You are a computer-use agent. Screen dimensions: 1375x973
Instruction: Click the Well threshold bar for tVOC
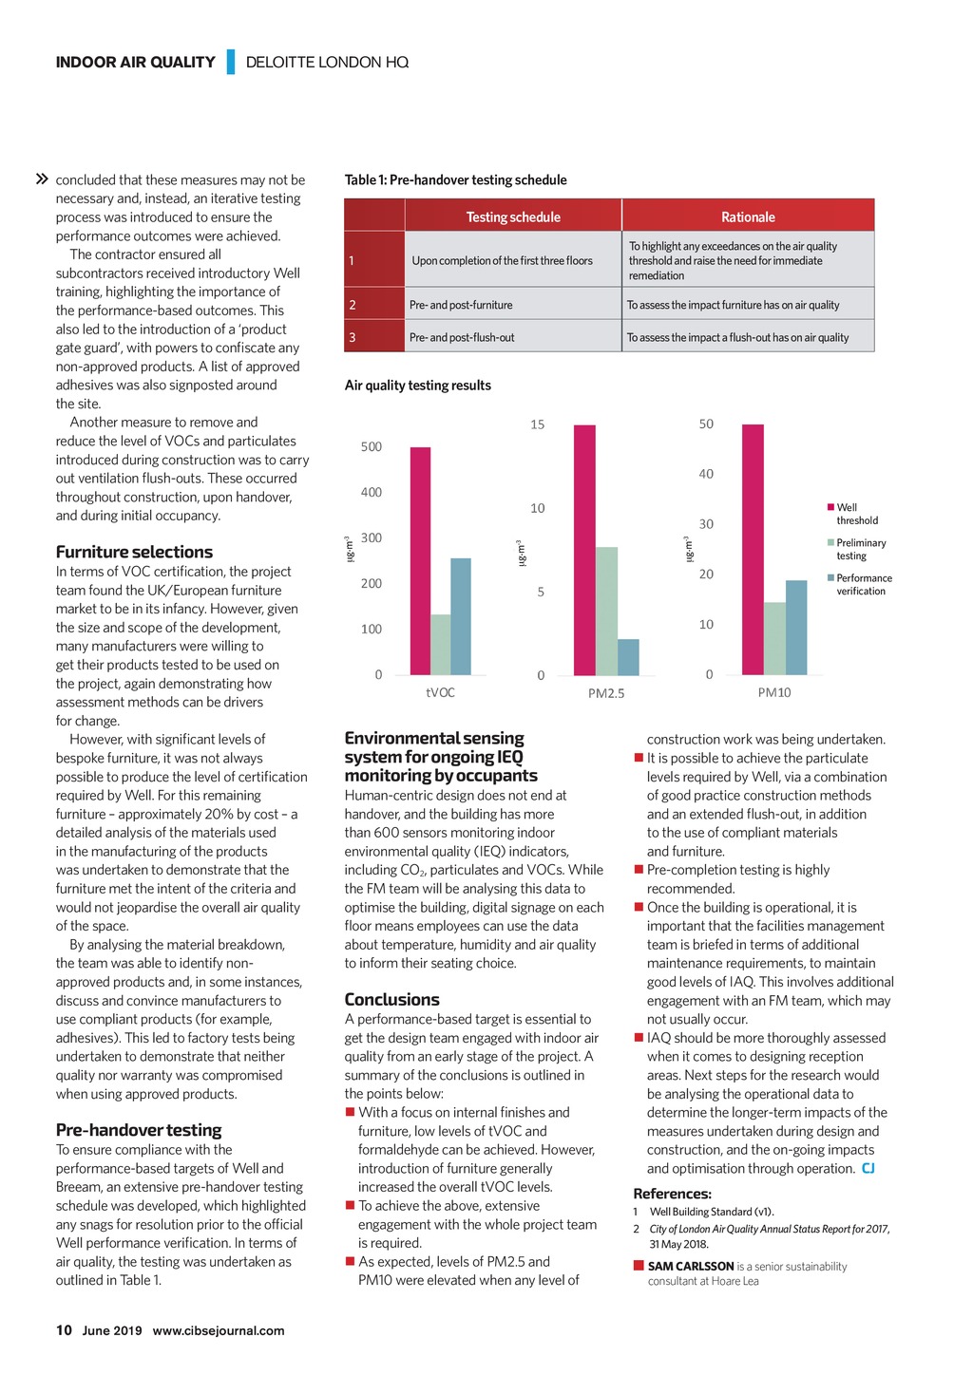point(420,561)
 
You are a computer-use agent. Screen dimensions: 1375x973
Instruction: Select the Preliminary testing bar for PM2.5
point(606,611)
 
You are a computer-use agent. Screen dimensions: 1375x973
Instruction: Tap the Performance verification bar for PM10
point(796,628)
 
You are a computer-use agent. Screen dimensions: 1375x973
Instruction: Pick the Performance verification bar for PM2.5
point(628,657)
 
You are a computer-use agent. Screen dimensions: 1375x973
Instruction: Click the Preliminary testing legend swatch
point(830,543)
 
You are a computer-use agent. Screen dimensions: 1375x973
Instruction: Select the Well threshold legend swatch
point(830,507)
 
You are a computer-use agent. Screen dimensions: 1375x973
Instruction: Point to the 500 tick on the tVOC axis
point(372,446)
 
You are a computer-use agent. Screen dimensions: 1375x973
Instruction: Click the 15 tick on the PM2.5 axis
point(538,424)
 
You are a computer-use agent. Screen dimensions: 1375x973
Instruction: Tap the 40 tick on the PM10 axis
point(706,474)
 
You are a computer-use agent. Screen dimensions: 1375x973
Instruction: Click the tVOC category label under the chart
point(440,692)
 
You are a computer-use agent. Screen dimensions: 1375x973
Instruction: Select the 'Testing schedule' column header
point(513,217)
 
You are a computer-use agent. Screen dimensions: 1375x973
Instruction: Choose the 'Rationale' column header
point(748,217)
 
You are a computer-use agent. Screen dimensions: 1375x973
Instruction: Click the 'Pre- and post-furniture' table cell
point(461,305)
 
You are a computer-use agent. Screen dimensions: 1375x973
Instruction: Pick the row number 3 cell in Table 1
point(353,337)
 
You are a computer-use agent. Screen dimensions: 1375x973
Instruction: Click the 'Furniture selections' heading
point(134,552)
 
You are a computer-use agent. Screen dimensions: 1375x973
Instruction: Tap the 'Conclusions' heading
point(391,999)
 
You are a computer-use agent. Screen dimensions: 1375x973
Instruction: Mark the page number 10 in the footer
point(64,1329)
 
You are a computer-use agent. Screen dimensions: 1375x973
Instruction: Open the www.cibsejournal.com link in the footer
point(219,1330)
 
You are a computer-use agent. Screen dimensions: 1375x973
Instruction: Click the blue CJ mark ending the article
point(868,1168)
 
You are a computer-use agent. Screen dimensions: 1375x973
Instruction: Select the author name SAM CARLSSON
point(691,1266)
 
